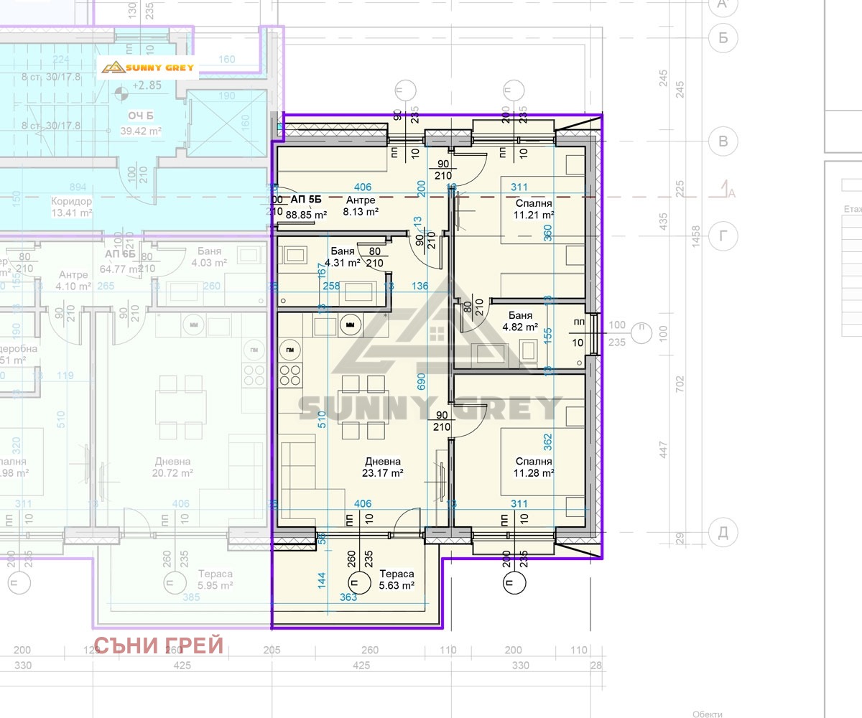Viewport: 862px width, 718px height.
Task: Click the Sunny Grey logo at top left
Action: pyautogui.click(x=147, y=67)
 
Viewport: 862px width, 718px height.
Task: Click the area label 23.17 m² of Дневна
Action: pyautogui.click(x=382, y=473)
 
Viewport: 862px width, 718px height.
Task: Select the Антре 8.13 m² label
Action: pyautogui.click(x=362, y=206)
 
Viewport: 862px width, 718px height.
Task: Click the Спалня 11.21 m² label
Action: pyautogui.click(x=533, y=209)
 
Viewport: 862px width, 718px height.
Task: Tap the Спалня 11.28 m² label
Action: pyautogui.click(x=534, y=467)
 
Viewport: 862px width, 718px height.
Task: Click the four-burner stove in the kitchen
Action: pyautogui.click(x=289, y=374)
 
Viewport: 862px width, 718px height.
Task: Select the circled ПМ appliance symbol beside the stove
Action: pyautogui.click(x=289, y=350)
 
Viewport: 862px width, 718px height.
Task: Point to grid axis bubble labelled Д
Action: pyautogui.click(x=723, y=533)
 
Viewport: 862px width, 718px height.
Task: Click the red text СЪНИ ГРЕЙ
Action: pyautogui.click(x=159, y=645)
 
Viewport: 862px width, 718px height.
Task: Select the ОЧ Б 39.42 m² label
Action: pyautogui.click(x=140, y=123)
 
